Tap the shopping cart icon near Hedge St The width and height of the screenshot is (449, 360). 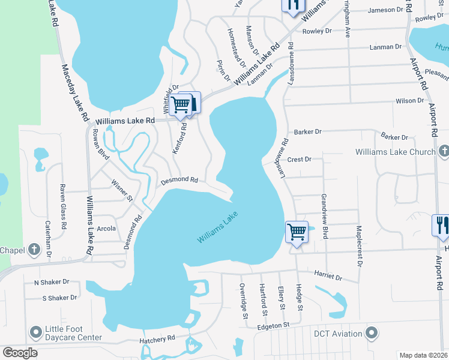tap(297, 231)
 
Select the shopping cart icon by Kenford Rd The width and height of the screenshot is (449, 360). tap(181, 104)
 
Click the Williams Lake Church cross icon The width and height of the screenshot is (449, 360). tap(444, 151)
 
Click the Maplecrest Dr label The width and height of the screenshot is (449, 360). tap(359, 245)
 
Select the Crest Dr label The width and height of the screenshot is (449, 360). tap(299, 160)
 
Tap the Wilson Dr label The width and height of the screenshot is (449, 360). tap(410, 101)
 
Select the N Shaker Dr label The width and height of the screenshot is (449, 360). tap(52, 281)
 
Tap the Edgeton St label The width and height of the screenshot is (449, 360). tap(273, 325)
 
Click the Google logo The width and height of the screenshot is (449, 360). tap(20, 353)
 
